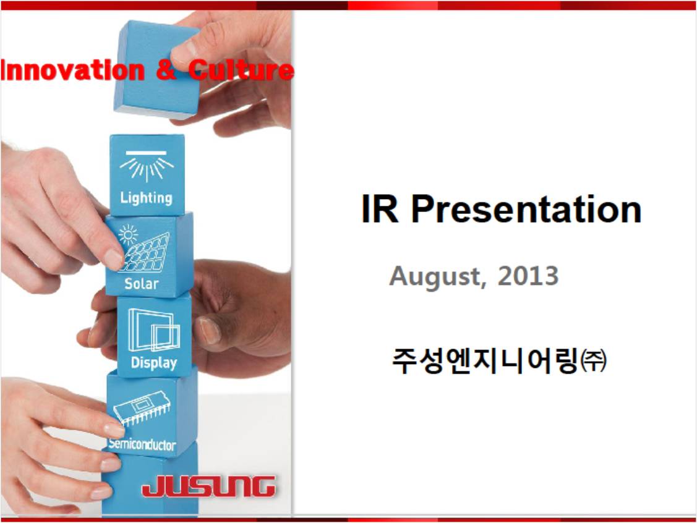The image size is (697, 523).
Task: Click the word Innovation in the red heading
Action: [73, 70]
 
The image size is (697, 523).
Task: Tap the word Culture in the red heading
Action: [241, 70]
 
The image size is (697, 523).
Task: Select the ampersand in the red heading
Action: [166, 70]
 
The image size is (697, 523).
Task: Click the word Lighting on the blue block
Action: [146, 198]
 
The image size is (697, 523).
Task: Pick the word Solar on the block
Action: [142, 284]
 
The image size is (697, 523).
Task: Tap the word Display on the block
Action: [154, 363]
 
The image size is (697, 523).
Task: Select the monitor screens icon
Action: [154, 330]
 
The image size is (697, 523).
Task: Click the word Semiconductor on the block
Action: [142, 444]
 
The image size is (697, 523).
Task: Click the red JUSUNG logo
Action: [208, 486]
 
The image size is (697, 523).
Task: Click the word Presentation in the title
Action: [527, 209]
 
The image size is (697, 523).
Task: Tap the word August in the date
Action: [435, 276]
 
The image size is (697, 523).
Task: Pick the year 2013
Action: [528, 276]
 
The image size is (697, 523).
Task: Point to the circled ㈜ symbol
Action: [594, 360]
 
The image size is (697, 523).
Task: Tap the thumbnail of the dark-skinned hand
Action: [209, 331]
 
